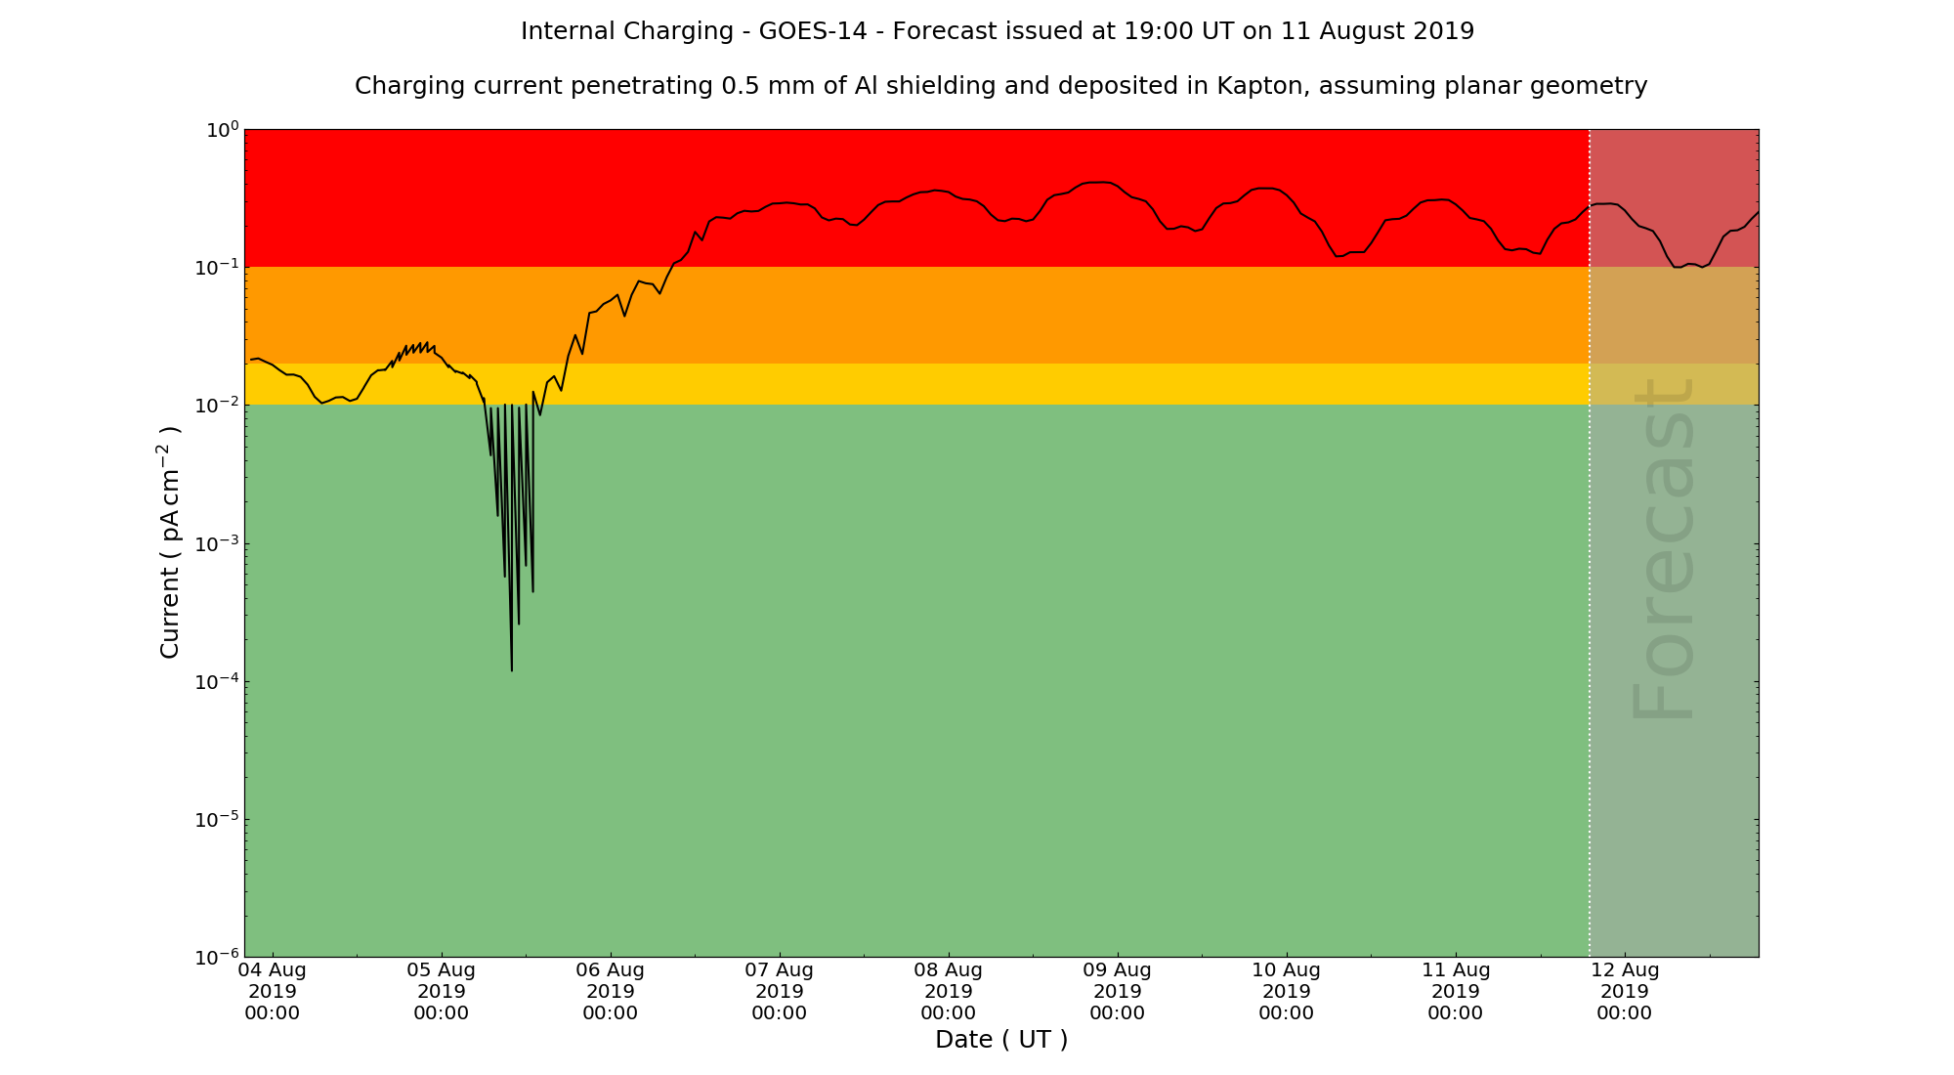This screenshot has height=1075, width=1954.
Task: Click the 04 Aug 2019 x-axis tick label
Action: [x=272, y=991]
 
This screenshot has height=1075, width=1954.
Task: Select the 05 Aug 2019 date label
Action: [x=441, y=991]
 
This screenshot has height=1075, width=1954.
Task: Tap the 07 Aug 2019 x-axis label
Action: [x=779, y=991]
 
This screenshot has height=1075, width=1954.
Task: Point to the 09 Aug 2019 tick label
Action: [x=1117, y=991]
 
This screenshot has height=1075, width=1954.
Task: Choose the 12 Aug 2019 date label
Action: [x=1624, y=991]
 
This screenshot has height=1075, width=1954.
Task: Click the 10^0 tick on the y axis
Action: [x=220, y=130]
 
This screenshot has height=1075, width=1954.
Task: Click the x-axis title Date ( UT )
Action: [x=1001, y=1040]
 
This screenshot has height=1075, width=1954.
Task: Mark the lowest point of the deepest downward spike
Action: [x=511, y=670]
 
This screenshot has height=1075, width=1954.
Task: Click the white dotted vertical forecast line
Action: [x=1590, y=586]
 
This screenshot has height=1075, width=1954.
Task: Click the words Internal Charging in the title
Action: [x=627, y=31]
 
